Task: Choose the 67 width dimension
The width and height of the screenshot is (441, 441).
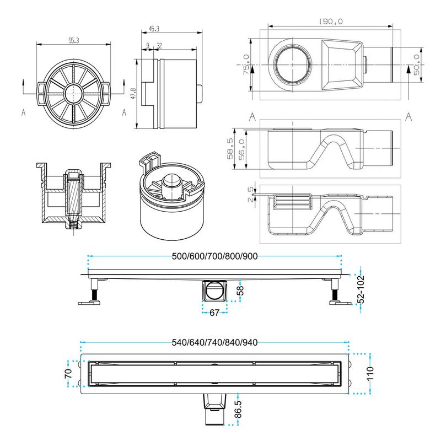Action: click(215, 313)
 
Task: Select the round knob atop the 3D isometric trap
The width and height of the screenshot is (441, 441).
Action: click(173, 182)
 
